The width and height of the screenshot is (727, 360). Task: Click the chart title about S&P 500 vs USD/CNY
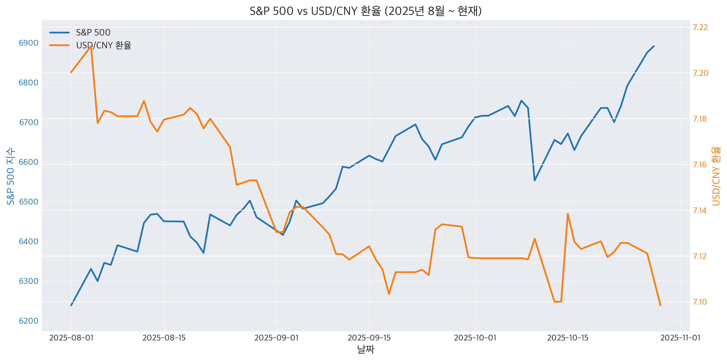click(x=365, y=11)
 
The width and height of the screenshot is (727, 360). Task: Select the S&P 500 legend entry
click(x=93, y=32)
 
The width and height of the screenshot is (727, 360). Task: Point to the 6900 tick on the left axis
click(x=28, y=43)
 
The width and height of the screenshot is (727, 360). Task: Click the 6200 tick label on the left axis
click(x=28, y=321)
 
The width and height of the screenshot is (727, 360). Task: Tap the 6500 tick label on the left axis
click(x=28, y=202)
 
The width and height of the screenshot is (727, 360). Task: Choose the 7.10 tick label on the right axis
click(x=700, y=302)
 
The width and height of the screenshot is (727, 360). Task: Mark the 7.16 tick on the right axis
click(x=700, y=165)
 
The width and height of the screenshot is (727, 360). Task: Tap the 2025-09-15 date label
click(x=369, y=338)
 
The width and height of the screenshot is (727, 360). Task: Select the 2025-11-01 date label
click(x=680, y=338)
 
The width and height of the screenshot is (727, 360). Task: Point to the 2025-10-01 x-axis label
click(x=475, y=338)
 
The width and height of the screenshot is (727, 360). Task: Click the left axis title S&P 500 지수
click(x=10, y=176)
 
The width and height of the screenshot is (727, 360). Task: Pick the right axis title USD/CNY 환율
click(x=716, y=176)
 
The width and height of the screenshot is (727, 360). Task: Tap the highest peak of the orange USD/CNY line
click(x=91, y=46)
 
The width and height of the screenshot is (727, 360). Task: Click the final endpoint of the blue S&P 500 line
click(x=654, y=46)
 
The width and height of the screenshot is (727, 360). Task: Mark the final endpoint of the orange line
click(x=660, y=305)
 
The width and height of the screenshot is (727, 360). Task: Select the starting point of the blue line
click(x=71, y=305)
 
